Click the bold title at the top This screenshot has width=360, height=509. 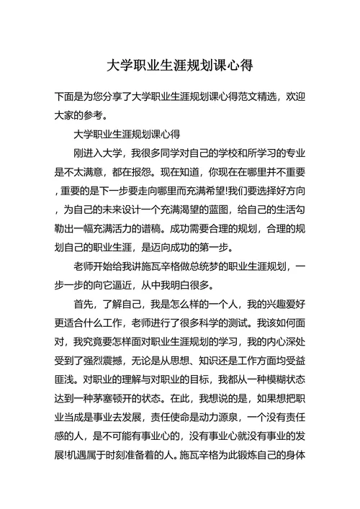[x=179, y=66]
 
